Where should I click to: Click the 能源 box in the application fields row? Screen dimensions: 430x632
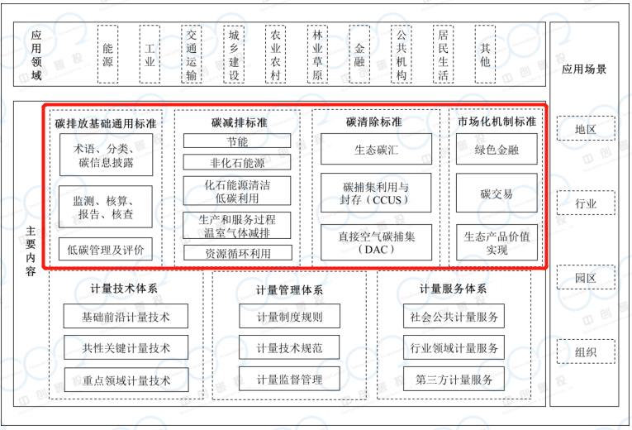click(x=107, y=55)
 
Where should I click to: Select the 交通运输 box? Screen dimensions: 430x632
click(x=192, y=55)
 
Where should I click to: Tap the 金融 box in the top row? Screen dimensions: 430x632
click(x=359, y=55)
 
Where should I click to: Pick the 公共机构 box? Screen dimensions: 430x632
click(x=402, y=55)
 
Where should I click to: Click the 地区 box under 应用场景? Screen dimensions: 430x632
click(x=586, y=130)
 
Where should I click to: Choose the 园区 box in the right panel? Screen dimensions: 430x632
click(x=586, y=278)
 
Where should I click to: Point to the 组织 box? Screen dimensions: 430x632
click(x=586, y=352)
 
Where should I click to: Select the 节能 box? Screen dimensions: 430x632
click(x=238, y=142)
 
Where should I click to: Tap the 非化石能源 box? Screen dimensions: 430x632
click(x=238, y=163)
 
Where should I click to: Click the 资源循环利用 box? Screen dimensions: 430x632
click(x=238, y=253)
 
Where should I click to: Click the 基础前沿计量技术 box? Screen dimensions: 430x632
click(x=126, y=316)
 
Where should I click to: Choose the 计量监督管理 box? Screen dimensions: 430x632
click(x=289, y=380)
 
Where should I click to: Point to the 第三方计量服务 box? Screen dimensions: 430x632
click(x=454, y=380)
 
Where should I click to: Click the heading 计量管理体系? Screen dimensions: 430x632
click(x=289, y=290)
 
